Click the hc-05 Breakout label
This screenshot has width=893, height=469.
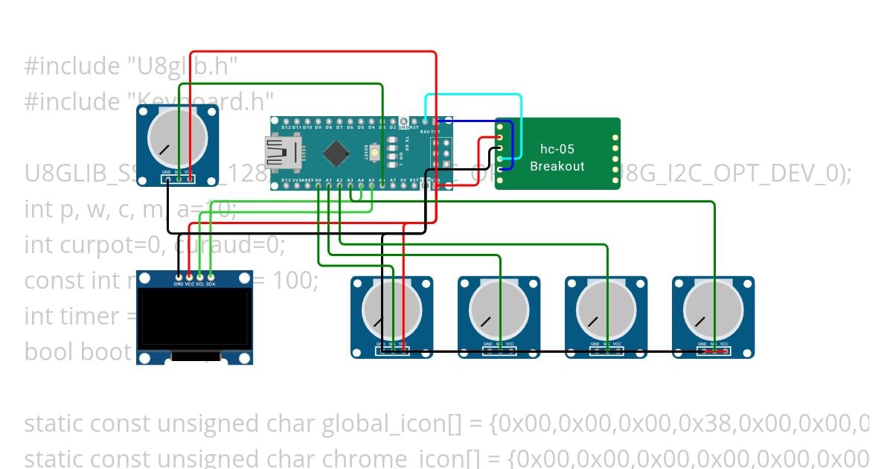pyautogui.click(x=557, y=158)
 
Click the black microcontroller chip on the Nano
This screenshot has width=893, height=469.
pyautogui.click(x=337, y=154)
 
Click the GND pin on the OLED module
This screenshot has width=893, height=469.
pyautogui.click(x=179, y=276)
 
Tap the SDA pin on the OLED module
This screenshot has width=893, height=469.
pyautogui.click(x=211, y=276)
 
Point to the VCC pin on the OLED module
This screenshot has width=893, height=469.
pyautogui.click(x=189, y=276)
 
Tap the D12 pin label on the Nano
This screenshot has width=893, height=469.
pyautogui.click(x=287, y=127)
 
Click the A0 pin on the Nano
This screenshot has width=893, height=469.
pyautogui.click(x=319, y=186)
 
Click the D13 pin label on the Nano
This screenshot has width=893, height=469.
pyautogui.click(x=287, y=180)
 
